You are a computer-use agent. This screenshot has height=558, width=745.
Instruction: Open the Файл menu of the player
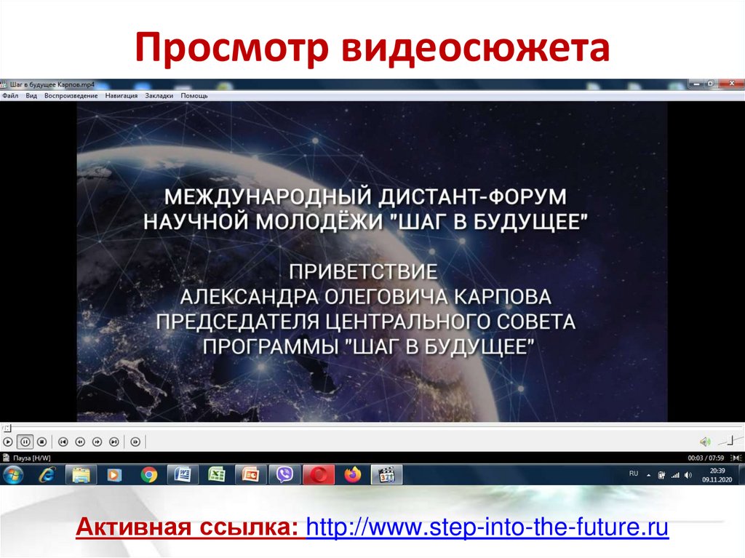point(10,95)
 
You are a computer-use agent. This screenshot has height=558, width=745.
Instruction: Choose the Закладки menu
point(159,95)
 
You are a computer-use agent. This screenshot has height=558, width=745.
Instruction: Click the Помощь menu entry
point(194,95)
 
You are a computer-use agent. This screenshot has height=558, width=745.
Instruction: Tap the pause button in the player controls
point(25,442)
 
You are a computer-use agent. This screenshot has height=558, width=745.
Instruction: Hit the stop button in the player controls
point(41,442)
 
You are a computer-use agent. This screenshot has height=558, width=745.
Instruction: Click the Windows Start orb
point(13,475)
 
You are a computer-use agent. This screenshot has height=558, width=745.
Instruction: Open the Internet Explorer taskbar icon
point(47,475)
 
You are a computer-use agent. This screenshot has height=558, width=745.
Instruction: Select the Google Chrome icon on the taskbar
point(148,475)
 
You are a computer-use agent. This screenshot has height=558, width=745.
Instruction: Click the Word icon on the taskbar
point(183,475)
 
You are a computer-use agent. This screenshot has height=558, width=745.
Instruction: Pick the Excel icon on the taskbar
point(216,475)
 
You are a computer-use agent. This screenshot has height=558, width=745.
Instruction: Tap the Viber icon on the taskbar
point(284,475)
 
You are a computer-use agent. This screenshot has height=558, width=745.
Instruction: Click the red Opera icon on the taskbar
point(318,475)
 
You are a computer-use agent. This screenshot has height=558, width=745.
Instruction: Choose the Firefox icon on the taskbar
point(352,475)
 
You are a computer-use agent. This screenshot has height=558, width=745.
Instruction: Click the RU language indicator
point(633,474)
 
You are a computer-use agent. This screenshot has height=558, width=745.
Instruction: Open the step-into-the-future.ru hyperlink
point(487,527)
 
